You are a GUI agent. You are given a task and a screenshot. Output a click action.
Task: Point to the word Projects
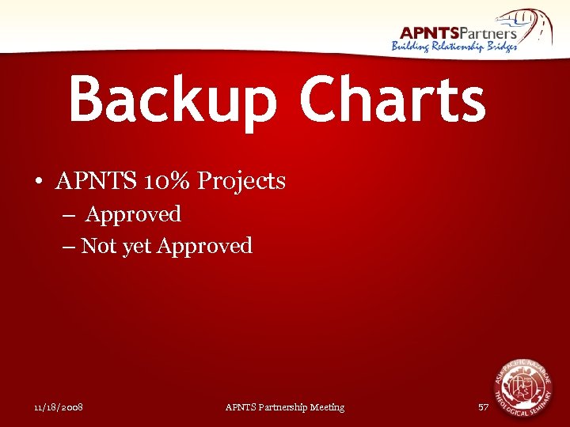(241, 182)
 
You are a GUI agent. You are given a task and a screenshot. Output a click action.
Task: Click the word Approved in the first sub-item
(133, 214)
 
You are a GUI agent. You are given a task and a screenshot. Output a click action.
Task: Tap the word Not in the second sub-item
(97, 246)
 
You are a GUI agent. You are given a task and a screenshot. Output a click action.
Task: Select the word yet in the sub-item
(135, 247)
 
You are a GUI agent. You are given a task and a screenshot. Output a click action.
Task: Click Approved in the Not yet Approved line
(204, 247)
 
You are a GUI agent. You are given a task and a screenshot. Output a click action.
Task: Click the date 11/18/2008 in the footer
(59, 407)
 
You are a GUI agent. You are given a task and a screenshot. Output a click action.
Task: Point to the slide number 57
(484, 407)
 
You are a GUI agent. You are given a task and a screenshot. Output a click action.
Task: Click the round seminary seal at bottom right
(522, 387)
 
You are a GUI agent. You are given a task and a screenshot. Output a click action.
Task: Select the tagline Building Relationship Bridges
(454, 47)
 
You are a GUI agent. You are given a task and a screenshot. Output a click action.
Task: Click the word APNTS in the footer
(238, 407)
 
